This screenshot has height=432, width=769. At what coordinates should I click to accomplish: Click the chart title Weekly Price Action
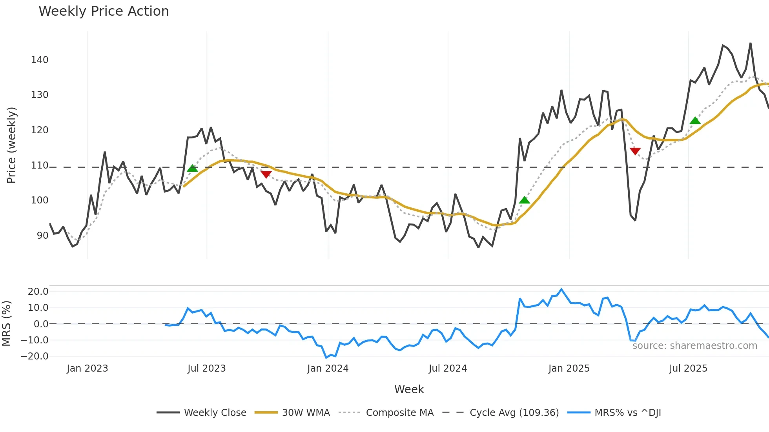pyautogui.click(x=104, y=11)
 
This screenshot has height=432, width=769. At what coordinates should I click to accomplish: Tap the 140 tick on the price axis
pyautogui.click(x=40, y=60)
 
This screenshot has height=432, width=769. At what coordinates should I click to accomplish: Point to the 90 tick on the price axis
pyautogui.click(x=42, y=236)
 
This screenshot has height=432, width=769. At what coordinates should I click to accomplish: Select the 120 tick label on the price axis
pyautogui.click(x=40, y=130)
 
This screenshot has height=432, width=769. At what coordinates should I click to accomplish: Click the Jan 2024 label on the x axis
pyautogui.click(x=328, y=368)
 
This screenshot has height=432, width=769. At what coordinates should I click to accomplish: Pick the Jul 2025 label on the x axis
pyautogui.click(x=688, y=368)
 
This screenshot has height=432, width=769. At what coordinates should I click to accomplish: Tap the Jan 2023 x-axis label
pyautogui.click(x=87, y=368)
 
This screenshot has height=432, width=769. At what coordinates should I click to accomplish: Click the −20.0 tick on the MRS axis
pyautogui.click(x=35, y=356)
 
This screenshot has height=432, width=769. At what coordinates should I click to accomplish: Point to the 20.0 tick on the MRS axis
pyautogui.click(x=38, y=291)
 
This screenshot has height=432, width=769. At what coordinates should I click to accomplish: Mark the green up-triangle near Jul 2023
pyautogui.click(x=192, y=169)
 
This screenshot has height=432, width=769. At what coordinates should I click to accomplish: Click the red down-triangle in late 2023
pyautogui.click(x=266, y=174)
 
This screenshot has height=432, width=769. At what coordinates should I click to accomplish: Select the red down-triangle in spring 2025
pyautogui.click(x=635, y=151)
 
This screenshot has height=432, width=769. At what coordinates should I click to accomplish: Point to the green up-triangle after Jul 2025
pyautogui.click(x=695, y=121)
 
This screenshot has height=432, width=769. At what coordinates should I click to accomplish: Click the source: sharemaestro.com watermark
pyautogui.click(x=694, y=346)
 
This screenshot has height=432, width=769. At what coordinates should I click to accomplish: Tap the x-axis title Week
pyautogui.click(x=409, y=389)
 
